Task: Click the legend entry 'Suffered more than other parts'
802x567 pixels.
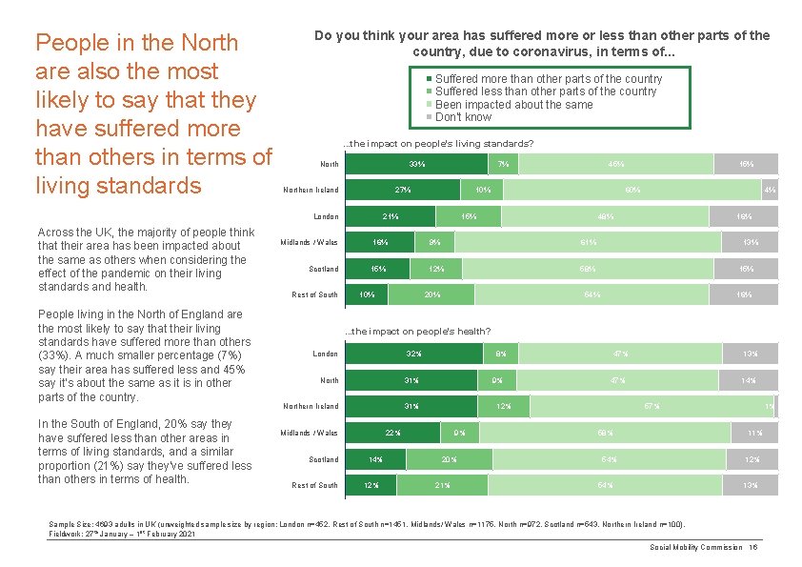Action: tap(548, 79)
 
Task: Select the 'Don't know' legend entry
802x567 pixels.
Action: tap(463, 117)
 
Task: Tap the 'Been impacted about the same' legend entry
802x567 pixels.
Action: tap(513, 105)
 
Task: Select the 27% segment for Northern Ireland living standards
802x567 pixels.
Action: tap(403, 190)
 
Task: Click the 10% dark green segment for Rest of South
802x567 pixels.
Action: tap(367, 294)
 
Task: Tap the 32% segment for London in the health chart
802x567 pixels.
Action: tap(413, 354)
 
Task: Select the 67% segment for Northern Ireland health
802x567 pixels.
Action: tap(652, 407)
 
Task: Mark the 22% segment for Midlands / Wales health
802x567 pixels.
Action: tap(392, 433)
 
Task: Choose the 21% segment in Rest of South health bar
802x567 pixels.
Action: tap(442, 485)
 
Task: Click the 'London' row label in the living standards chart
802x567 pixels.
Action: tap(325, 216)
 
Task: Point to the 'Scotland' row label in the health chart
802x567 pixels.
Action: tap(323, 459)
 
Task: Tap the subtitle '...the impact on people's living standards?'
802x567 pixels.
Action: tap(437, 144)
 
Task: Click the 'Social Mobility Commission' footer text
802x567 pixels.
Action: tap(696, 547)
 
